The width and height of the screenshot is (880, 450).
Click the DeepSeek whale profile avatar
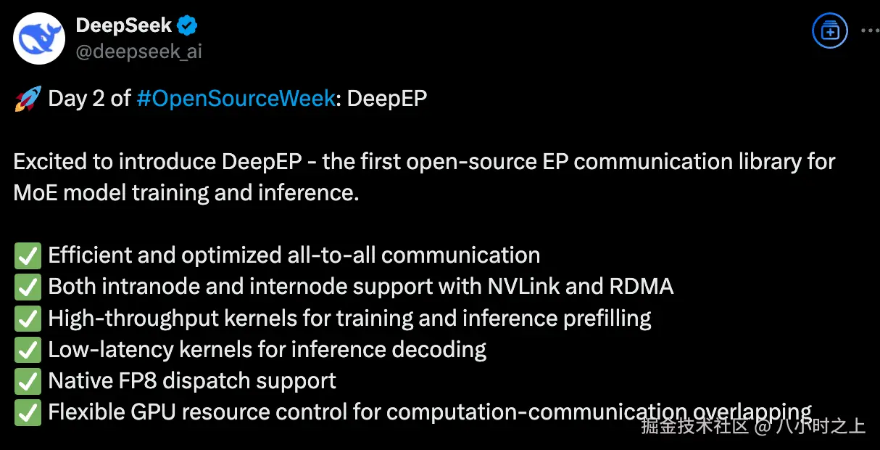pos(39,38)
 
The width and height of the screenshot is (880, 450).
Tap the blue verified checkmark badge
pos(188,26)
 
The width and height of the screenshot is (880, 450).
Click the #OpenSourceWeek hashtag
pos(236,99)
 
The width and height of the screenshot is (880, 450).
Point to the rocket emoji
pos(28,99)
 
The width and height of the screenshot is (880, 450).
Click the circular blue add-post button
pos(829,31)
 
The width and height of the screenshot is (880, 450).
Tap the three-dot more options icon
pos(869,31)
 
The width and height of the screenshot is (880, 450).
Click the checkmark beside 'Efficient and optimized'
pos(28,255)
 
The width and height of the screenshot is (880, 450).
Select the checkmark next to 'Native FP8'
pos(28,381)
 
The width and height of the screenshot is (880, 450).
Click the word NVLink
pos(520,287)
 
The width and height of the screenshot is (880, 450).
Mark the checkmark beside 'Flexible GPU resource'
pos(28,412)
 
